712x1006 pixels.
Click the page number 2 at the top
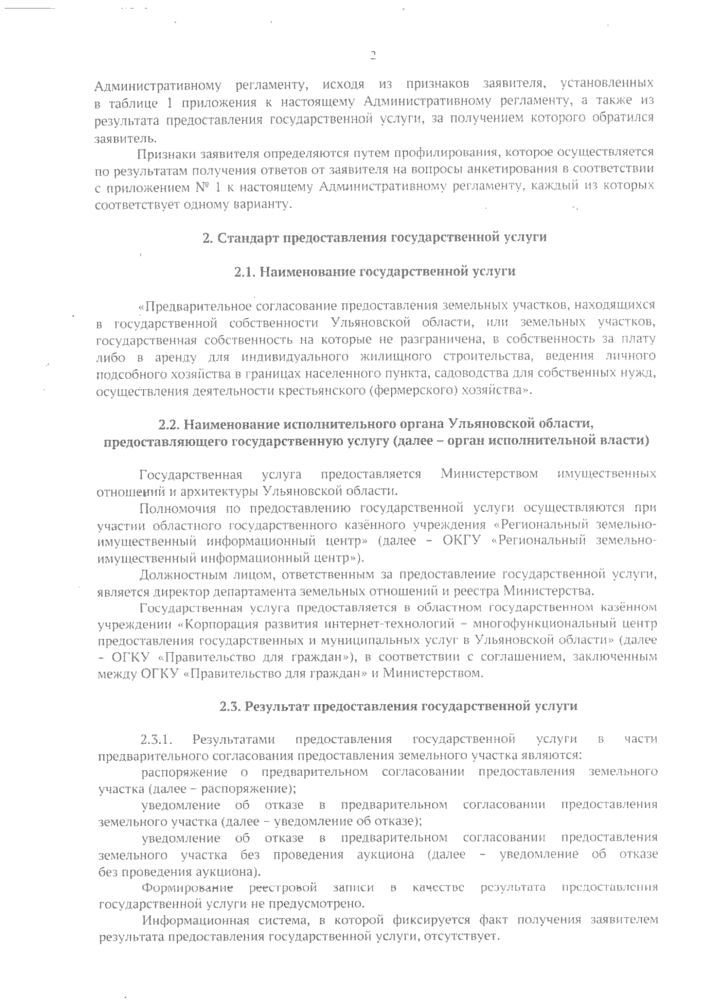(x=373, y=56)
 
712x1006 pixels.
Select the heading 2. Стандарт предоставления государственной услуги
(x=374, y=238)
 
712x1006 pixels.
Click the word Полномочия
(x=175, y=508)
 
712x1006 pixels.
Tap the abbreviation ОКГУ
(x=465, y=542)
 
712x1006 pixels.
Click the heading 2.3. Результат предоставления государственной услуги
(x=398, y=706)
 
